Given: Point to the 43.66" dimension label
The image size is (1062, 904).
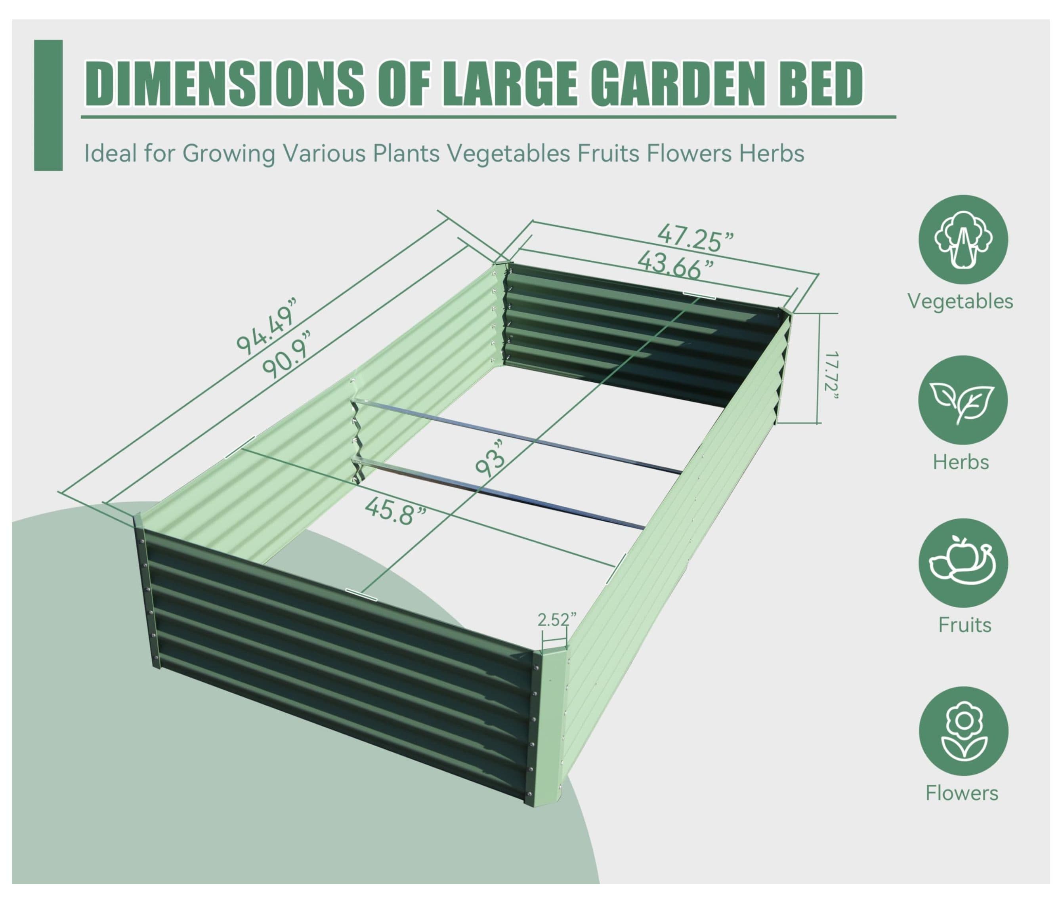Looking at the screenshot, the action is [x=676, y=265].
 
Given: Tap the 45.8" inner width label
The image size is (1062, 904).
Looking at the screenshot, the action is [x=396, y=511].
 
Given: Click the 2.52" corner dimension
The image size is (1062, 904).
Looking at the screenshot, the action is [x=557, y=620].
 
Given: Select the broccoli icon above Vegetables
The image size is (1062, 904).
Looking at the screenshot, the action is [x=963, y=239].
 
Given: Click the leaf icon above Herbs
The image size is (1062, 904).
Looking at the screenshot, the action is [x=963, y=400].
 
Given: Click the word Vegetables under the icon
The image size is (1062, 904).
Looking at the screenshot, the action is [x=960, y=301].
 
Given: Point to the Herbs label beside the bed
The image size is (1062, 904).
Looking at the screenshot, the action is [x=961, y=462].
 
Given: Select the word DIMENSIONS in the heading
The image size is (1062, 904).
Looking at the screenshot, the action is [x=224, y=83].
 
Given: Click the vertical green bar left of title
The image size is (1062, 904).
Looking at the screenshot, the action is [x=48, y=105].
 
